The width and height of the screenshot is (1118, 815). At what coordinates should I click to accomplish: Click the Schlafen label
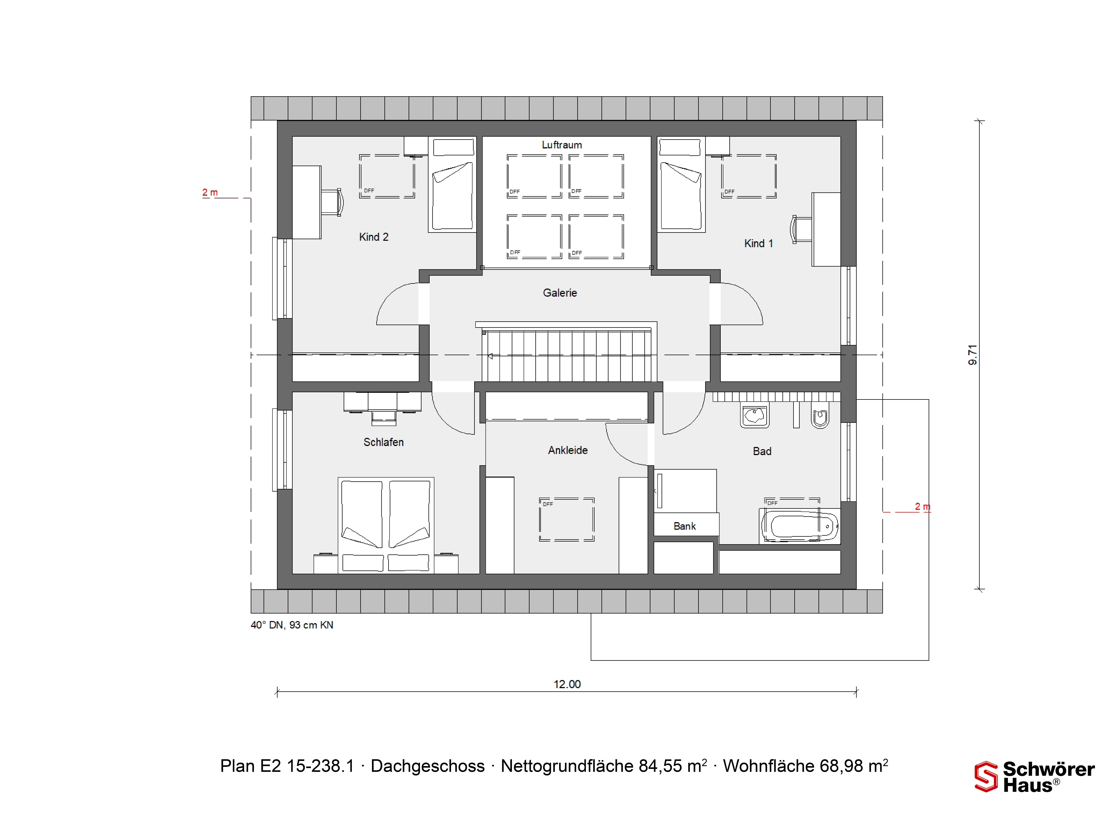point(383,442)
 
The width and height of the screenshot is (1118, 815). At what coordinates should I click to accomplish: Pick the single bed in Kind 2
point(452,184)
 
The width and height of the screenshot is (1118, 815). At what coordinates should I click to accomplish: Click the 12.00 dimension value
point(567,684)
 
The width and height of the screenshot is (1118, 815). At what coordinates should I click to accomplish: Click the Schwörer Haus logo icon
point(986,777)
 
